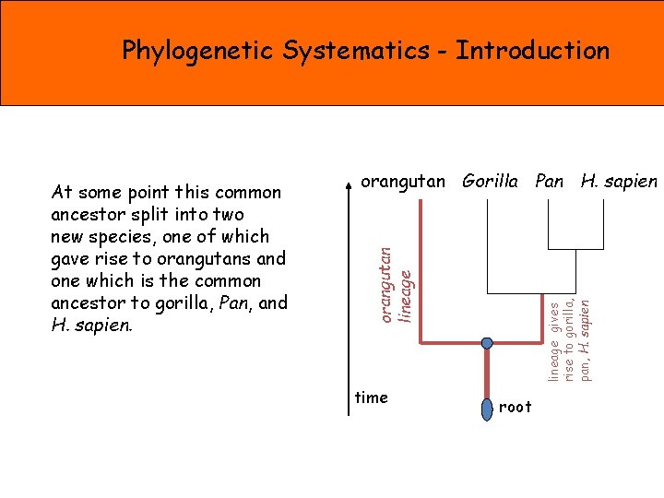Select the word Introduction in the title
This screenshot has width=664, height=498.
pos(532,50)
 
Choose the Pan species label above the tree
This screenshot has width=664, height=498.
pos(550,182)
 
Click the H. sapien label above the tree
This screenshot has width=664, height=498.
pos(619,182)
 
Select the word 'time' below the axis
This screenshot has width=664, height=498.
pos(372,397)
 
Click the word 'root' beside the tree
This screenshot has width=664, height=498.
pos(515,407)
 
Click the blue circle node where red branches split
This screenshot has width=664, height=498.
pos(487,343)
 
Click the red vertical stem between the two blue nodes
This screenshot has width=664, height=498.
pos(487,373)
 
